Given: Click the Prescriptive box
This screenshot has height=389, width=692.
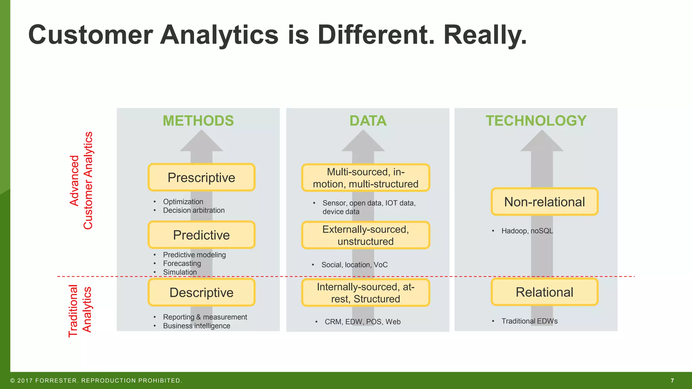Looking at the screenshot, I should click(201, 178).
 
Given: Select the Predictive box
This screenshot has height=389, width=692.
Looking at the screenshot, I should click(201, 235).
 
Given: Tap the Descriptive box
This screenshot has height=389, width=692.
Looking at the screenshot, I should click(201, 292).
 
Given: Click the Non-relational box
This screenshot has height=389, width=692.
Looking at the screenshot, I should click(544, 202).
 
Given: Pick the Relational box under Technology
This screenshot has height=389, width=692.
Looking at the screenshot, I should click(544, 292).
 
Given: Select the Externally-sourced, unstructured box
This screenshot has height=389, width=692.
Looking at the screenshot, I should click(366, 235).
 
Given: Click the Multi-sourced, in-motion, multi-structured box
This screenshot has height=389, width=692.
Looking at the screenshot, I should click(366, 178).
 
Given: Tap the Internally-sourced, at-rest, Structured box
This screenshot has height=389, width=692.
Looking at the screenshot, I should click(366, 293).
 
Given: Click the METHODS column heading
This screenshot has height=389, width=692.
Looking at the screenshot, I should click(198, 121).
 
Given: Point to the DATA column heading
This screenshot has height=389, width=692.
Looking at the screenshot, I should click(368, 121).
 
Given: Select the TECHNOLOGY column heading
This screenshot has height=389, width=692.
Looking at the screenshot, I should click(536, 121).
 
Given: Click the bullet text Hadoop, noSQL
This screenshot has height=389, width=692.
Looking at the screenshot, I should click(527, 231).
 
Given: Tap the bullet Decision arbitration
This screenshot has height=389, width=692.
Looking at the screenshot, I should click(194, 210).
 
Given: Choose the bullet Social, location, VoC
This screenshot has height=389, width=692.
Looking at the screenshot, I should click(354, 265).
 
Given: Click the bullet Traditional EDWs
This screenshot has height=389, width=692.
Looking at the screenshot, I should click(529, 321).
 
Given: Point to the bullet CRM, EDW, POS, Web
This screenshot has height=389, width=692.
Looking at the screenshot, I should click(363, 322).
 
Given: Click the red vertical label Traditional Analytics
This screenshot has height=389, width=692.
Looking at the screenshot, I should click(80, 311).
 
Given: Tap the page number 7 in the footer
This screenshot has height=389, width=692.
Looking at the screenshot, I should click(672, 381).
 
